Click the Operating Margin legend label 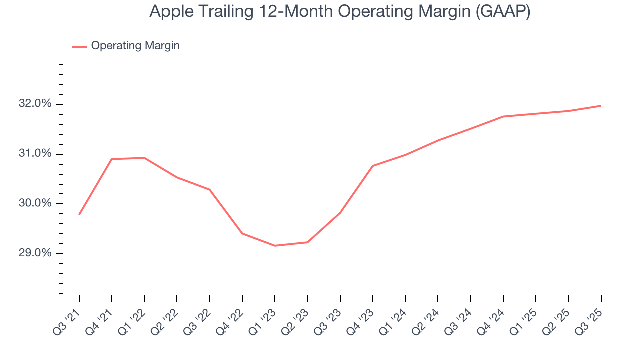135,46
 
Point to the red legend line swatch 80,46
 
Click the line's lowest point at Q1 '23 275,246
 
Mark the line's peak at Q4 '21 112,159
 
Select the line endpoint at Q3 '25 601,106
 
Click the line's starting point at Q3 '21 79,214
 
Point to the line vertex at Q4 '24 503,116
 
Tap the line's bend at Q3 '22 209,189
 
